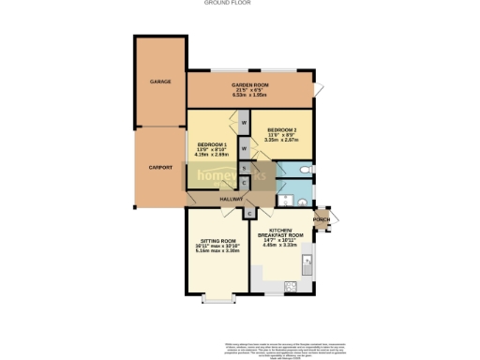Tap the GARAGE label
pos(159,82)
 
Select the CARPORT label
pos(160,167)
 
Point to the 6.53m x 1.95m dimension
pos(250,97)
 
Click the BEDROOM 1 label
pos(213,143)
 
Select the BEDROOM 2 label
pos(281,129)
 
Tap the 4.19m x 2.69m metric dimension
pos(213,155)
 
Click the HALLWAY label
pos(231,199)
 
